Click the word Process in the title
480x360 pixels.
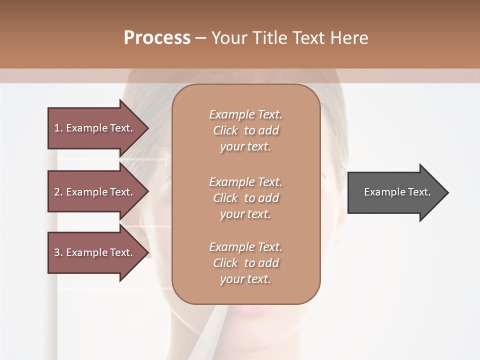pos(157,38)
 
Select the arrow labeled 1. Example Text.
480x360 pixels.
pos(95,128)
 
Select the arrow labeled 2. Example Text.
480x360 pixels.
pos(95,192)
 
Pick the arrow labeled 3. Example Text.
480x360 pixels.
pos(95,252)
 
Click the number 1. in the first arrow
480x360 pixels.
pos(58,128)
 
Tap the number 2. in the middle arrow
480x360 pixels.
pos(58,192)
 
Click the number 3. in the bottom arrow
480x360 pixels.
pos(58,252)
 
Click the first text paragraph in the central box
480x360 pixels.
pos(245,130)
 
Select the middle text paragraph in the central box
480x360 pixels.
pos(245,198)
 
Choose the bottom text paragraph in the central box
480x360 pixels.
pos(245,263)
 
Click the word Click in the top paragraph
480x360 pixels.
pos(225,130)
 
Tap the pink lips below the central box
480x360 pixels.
pos(256,308)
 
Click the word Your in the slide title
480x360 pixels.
pos(228,38)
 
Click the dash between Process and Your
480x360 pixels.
pos(200,38)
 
